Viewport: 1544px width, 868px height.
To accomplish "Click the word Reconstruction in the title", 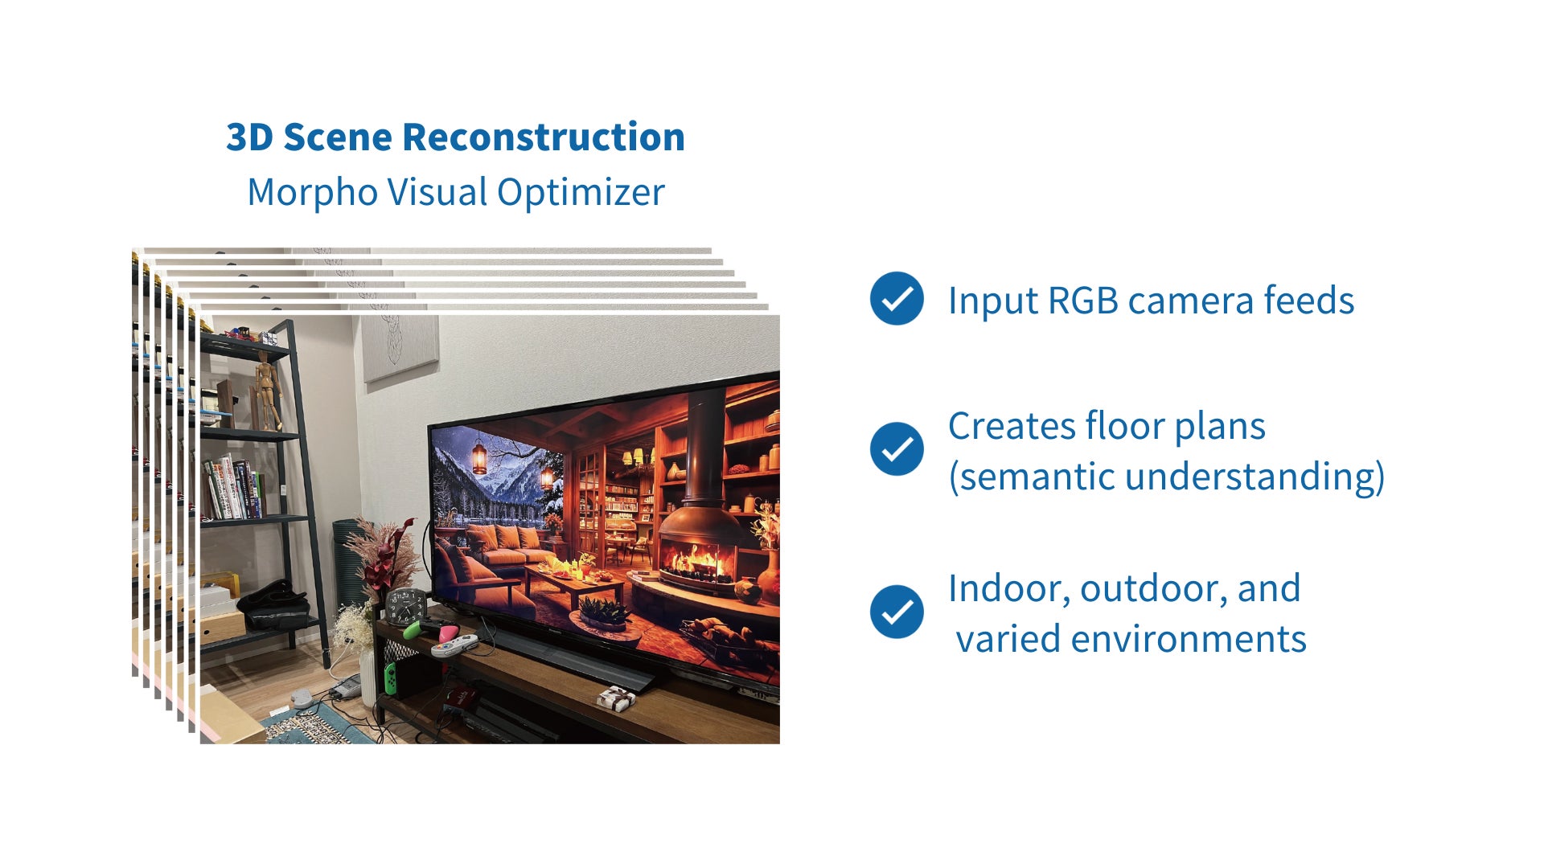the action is pos(543,137).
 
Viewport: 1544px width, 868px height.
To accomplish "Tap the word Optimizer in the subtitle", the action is pos(581,194).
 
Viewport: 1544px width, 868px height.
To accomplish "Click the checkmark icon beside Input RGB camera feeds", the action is pos(897,299).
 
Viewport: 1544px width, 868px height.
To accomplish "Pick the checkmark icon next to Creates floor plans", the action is pos(897,449).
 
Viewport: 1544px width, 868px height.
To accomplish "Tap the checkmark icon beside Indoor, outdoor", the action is pos(897,612).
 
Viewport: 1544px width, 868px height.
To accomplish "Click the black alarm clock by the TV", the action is pos(405,606).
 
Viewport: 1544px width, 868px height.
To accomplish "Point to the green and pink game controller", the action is pos(430,627).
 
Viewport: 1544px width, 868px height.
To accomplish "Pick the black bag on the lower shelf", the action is pos(273,604).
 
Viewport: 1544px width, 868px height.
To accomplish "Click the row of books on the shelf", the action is pos(232,487).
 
